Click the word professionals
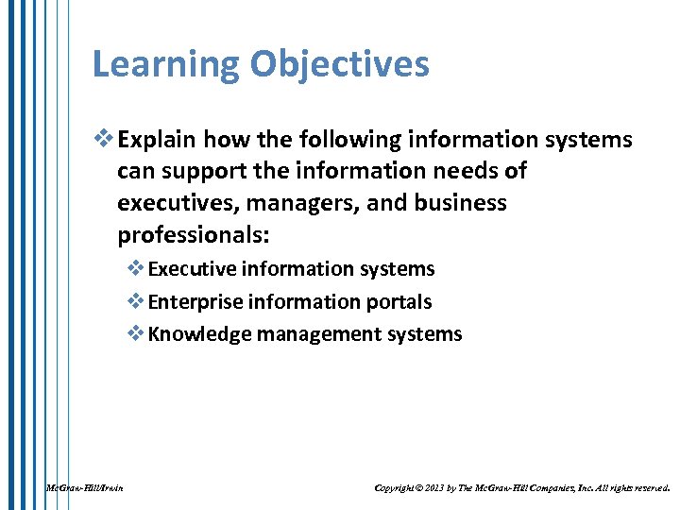point(185,233)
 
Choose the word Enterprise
point(192,302)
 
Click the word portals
point(397,302)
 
